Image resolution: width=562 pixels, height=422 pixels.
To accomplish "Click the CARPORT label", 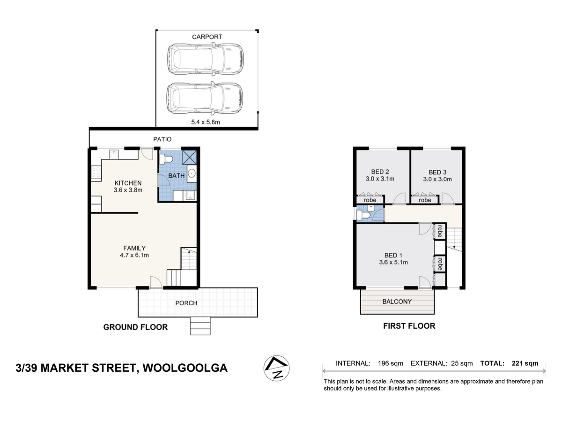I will pos(207,37).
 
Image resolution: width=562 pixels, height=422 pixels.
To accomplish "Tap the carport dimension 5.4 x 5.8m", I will pos(207,122).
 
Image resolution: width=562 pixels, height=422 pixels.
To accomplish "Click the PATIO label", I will pos(163,139).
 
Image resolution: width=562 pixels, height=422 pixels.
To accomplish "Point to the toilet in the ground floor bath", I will pos(166,160).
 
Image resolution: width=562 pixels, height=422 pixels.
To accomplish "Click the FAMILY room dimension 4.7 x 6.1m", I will pos(134,255).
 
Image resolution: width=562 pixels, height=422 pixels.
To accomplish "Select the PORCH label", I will pos(186,303).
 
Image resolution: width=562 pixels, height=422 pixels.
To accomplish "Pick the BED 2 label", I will pos(380,172).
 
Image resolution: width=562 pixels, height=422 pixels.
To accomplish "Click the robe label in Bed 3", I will pos(425,200).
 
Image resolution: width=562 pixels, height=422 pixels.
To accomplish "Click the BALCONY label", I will pos(397,301).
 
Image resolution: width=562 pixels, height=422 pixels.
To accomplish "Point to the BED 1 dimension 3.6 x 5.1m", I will pos(393,263).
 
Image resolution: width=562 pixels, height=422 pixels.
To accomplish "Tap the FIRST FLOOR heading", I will pos(409,326).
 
